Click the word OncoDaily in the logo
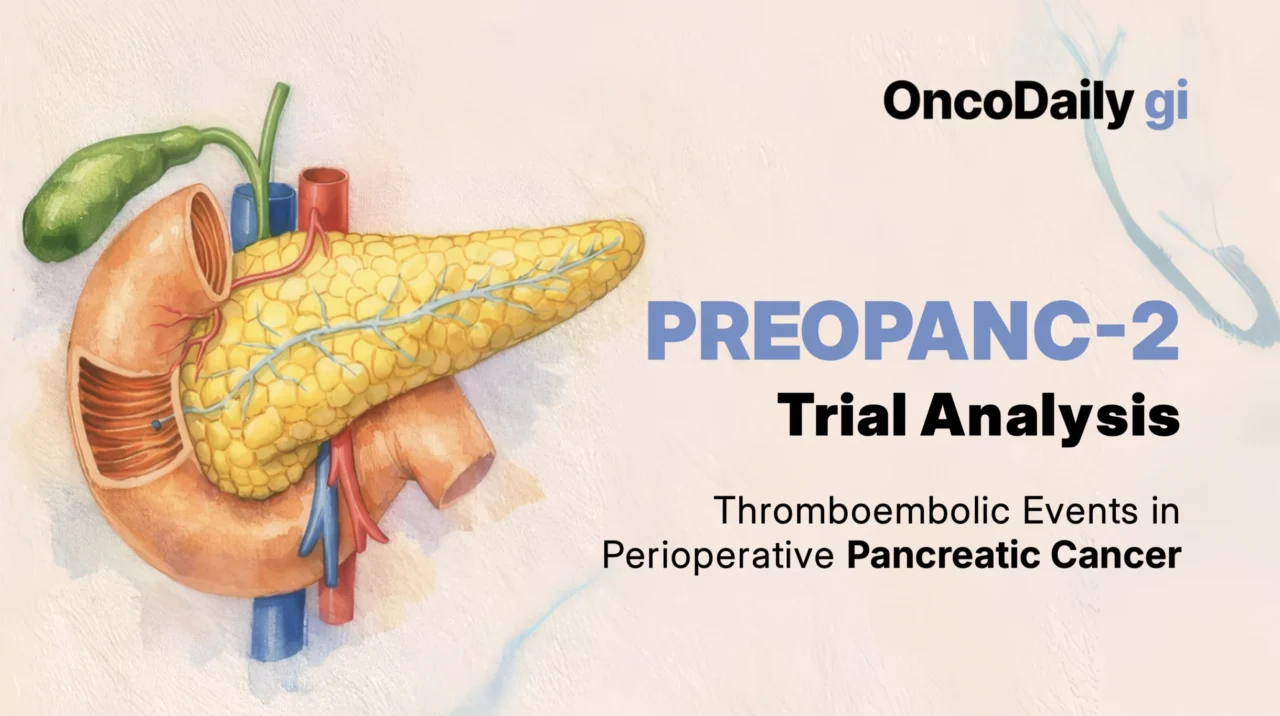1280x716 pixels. (x=1008, y=102)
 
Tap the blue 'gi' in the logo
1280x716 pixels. (x=1166, y=104)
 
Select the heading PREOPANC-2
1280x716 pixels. (x=913, y=332)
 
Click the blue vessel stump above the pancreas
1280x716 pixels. (x=263, y=204)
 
